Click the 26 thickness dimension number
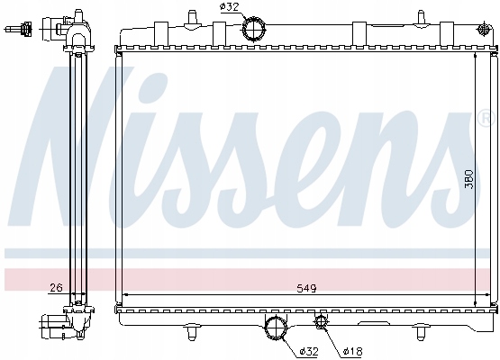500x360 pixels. pyautogui.click(x=56, y=288)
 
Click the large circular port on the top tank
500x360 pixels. pyautogui.click(x=254, y=30)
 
